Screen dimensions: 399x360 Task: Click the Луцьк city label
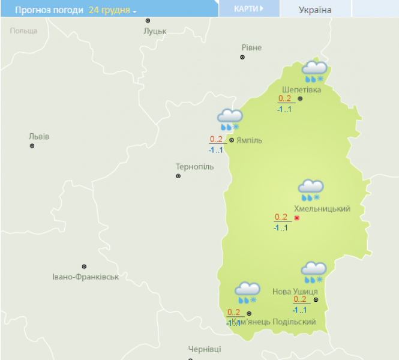point(155,31)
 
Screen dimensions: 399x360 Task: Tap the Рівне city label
point(251,47)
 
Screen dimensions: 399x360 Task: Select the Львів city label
point(39,136)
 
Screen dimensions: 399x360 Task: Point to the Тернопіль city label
point(194,166)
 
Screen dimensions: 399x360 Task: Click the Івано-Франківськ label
point(85,277)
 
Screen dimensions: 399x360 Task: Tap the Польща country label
point(23,30)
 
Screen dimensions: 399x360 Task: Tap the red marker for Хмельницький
point(296,218)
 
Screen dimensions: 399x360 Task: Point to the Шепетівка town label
point(301,90)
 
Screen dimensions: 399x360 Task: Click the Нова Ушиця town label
point(295,291)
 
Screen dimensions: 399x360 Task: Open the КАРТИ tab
point(248,9)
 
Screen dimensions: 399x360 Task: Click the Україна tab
point(314,10)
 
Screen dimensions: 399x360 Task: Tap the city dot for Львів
point(32,146)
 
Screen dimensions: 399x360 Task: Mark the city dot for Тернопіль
point(178,176)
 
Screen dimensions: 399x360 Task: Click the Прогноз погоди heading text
point(49,10)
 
